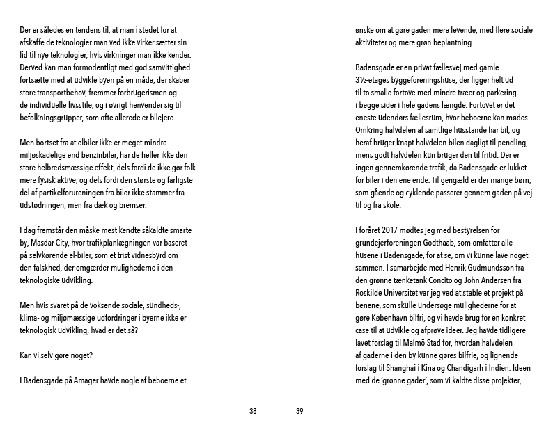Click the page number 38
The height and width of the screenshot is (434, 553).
click(x=253, y=411)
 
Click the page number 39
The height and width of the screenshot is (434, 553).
click(x=299, y=411)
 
